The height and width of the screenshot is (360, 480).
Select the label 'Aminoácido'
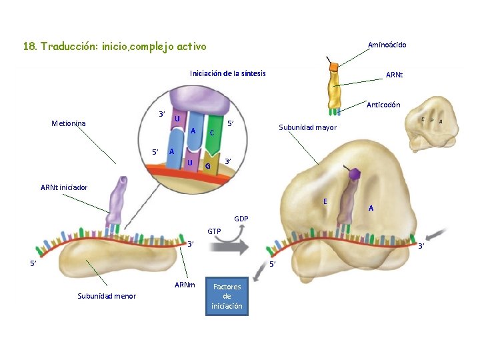[x=387, y=45]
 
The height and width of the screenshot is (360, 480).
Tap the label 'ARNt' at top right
[x=394, y=75]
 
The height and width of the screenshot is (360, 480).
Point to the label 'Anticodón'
[x=383, y=105]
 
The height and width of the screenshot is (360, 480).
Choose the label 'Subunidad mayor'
[x=307, y=127]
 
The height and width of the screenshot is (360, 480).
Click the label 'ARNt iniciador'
[x=63, y=187]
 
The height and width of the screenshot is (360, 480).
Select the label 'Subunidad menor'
[x=107, y=296]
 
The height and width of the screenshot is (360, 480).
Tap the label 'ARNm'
[x=185, y=285]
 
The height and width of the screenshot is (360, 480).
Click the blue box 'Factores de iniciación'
[x=227, y=296]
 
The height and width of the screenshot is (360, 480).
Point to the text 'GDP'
[x=241, y=219]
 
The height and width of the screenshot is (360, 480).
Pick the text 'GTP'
[x=214, y=231]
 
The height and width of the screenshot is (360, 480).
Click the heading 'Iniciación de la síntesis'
[x=227, y=73]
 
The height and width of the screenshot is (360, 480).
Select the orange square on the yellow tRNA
[x=333, y=67]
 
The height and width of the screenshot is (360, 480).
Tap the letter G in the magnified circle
[x=208, y=165]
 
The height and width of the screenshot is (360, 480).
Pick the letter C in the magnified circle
[x=212, y=133]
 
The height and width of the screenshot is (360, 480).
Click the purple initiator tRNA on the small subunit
[x=121, y=200]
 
